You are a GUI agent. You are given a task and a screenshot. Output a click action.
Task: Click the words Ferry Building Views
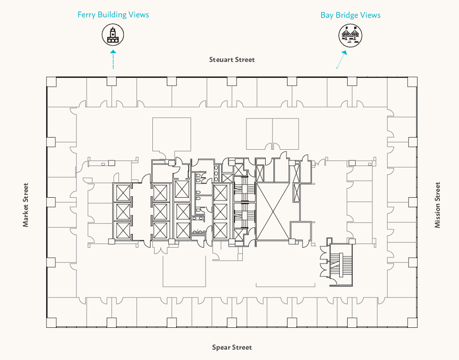(113, 14)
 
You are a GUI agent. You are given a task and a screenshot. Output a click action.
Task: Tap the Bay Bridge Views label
(350, 15)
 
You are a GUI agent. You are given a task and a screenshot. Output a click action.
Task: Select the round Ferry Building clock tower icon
(113, 35)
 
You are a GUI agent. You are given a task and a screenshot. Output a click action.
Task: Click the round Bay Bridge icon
(350, 35)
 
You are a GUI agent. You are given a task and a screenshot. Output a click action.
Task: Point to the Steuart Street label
(232, 60)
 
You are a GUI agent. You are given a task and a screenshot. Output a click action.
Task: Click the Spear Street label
(232, 347)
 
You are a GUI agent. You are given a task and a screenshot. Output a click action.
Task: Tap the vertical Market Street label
(26, 205)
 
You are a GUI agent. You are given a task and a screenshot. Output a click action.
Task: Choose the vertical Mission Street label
(437, 205)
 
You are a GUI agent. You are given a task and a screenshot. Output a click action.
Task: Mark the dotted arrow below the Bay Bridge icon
(342, 60)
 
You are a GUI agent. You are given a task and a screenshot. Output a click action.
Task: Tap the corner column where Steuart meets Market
(52, 82)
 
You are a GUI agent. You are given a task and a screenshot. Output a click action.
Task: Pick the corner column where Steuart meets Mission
(412, 82)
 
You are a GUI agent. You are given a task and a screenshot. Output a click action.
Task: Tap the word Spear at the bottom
(221, 347)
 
